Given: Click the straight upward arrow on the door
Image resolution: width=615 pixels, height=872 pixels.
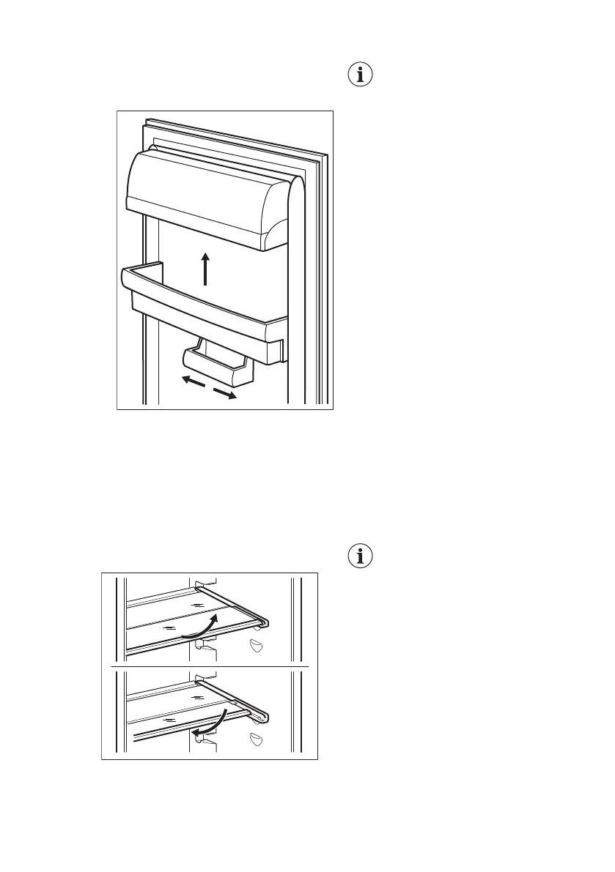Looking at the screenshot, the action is click(206, 268).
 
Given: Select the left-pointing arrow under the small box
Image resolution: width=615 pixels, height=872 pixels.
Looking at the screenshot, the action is click(194, 381).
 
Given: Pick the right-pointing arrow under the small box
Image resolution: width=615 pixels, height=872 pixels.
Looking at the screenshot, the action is click(225, 394).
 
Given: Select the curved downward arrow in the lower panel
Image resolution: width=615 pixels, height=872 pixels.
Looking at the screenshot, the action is click(210, 721).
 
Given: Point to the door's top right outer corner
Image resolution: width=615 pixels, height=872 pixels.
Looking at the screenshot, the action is click(325, 155).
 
